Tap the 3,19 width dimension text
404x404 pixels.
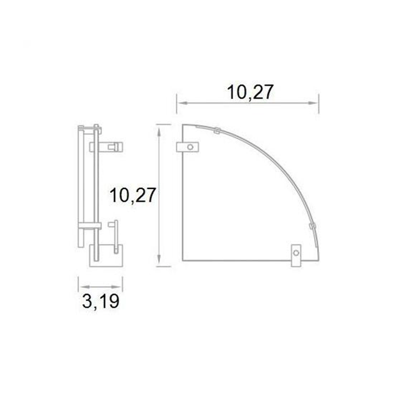100,301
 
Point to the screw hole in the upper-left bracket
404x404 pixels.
190,147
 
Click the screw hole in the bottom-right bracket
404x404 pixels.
296,252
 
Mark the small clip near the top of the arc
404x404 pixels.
216,130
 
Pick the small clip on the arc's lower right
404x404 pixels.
312,225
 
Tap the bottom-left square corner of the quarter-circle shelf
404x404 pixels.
182,260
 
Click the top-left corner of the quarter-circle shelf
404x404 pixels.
182,124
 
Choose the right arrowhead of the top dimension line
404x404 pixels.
317,103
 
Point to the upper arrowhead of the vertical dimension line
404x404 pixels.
159,127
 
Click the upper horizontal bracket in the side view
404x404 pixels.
106,146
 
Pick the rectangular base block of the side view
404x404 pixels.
106,256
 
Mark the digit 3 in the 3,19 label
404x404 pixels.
86,301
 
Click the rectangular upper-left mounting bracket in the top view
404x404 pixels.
187,147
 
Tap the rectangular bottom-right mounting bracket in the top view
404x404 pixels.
296,255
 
